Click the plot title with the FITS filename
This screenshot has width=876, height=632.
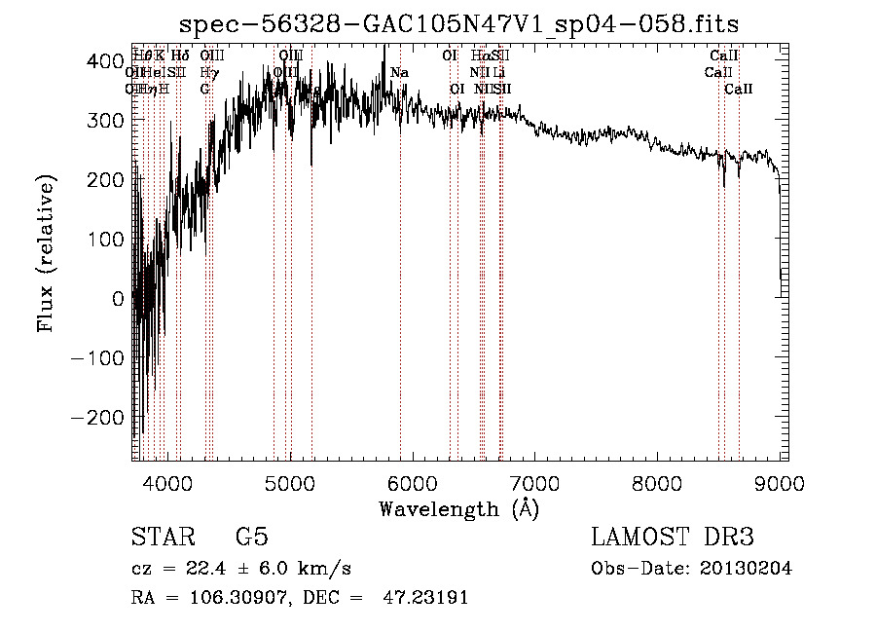click(x=466, y=24)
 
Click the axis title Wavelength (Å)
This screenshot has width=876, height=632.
click(x=458, y=508)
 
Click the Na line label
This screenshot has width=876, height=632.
click(x=399, y=73)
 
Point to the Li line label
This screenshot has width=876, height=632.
click(x=498, y=73)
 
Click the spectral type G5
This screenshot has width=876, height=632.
click(x=251, y=539)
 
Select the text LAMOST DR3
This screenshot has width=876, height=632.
click(x=673, y=538)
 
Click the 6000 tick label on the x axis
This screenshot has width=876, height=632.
click(x=413, y=483)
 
